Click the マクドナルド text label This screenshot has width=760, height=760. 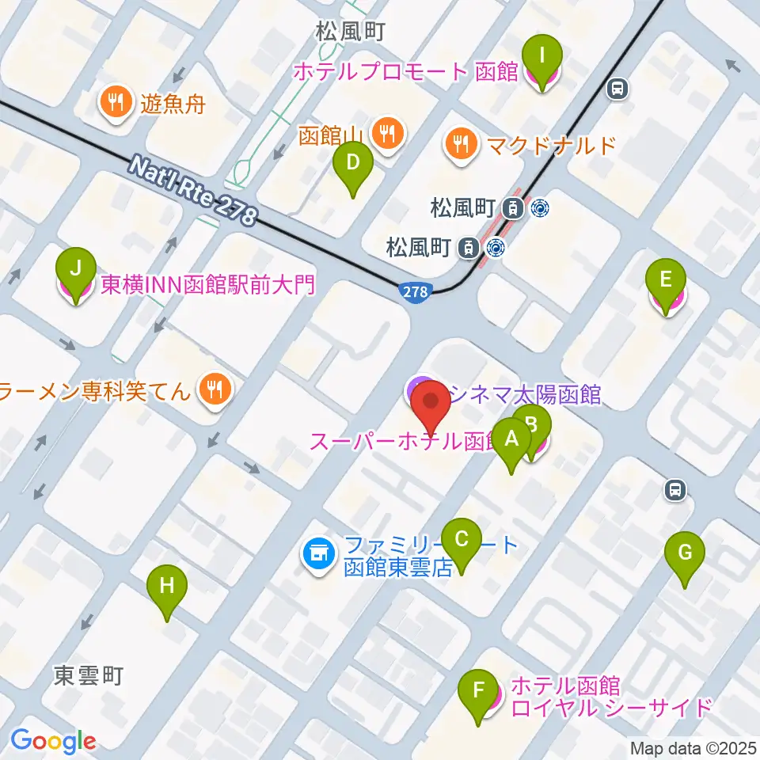[550, 145]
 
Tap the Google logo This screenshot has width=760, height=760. [53, 741]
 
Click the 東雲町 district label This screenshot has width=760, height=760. [89, 675]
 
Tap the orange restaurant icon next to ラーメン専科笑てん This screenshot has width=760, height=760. [214, 389]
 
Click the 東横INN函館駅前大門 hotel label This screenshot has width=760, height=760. [207, 285]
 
